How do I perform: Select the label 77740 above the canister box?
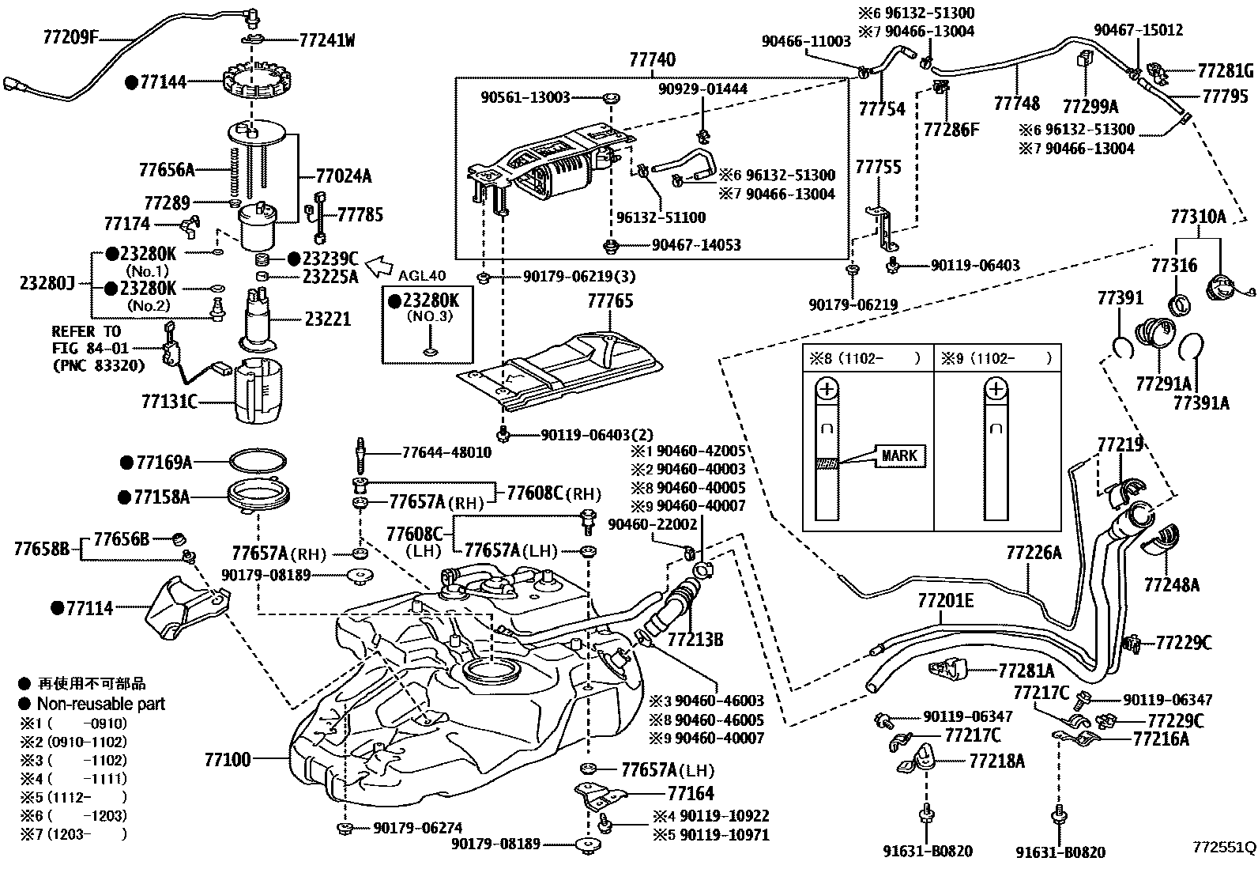[x=653, y=60]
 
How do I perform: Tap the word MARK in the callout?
[x=898, y=455]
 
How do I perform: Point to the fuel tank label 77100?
[x=228, y=760]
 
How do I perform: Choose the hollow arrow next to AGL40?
[x=384, y=261]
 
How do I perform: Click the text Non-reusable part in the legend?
[x=100, y=703]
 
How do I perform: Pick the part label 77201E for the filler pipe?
[x=945, y=601]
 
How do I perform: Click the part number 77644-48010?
[x=446, y=453]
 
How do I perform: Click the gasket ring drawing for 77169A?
[x=258, y=461]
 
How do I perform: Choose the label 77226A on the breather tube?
[x=1034, y=552]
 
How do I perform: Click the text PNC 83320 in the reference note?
[x=99, y=366]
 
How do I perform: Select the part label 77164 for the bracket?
[x=690, y=793]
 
